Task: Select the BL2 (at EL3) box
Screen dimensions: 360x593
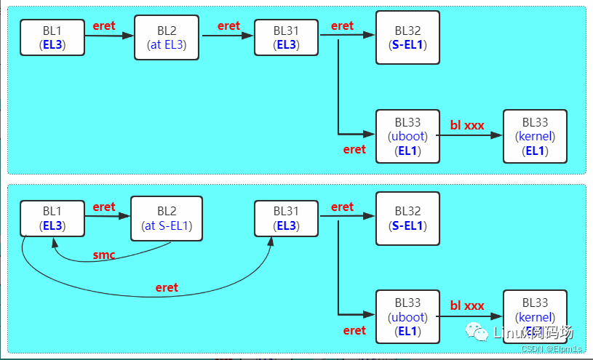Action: point(167,37)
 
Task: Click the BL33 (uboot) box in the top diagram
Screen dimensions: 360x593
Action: point(407,136)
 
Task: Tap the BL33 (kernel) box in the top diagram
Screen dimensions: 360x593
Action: point(535,136)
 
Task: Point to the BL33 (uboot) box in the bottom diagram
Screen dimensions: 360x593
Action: point(407,317)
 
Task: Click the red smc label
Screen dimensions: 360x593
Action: point(104,255)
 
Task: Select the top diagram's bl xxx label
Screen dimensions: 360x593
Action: point(467,125)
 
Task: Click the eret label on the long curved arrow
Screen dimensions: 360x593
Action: point(167,287)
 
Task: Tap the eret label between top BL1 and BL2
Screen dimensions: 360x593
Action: point(104,25)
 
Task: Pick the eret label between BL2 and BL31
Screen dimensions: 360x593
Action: point(228,25)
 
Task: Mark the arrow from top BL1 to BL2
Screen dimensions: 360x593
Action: point(109,34)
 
